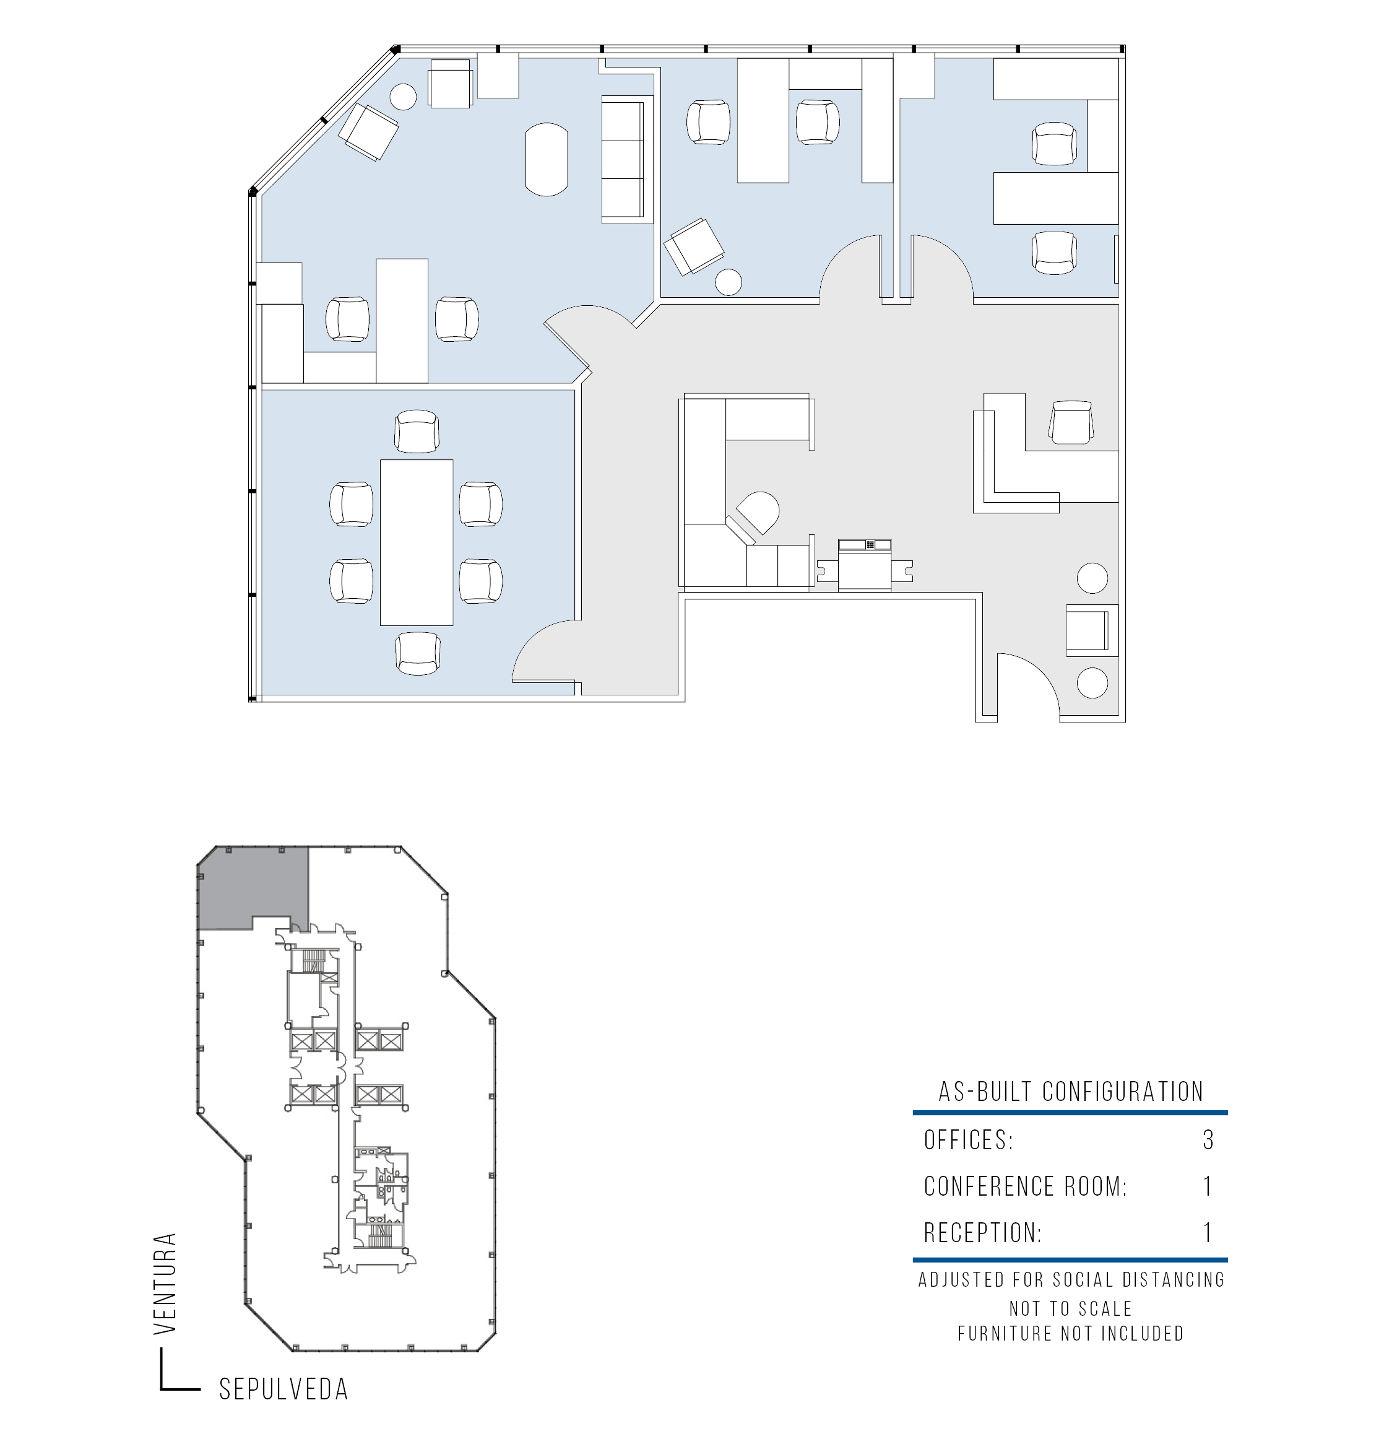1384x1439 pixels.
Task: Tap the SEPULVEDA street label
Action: [283, 1389]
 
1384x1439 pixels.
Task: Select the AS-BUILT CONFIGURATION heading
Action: [1071, 1092]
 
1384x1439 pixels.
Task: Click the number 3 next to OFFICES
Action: [1208, 1139]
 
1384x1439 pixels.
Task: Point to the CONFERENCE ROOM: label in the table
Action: [1025, 1186]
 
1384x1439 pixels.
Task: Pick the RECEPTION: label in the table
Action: [982, 1233]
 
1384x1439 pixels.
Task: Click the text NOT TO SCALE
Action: [1071, 1308]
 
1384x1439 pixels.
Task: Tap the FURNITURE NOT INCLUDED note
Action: [1071, 1333]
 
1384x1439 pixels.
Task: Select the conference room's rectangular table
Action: [416, 542]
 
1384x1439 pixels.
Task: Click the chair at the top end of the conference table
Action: [417, 431]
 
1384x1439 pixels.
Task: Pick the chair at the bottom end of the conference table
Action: [418, 653]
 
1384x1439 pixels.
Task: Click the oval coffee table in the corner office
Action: [547, 159]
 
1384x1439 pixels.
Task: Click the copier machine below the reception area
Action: [865, 565]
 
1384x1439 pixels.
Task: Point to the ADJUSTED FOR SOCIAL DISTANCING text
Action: [1071, 1280]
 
